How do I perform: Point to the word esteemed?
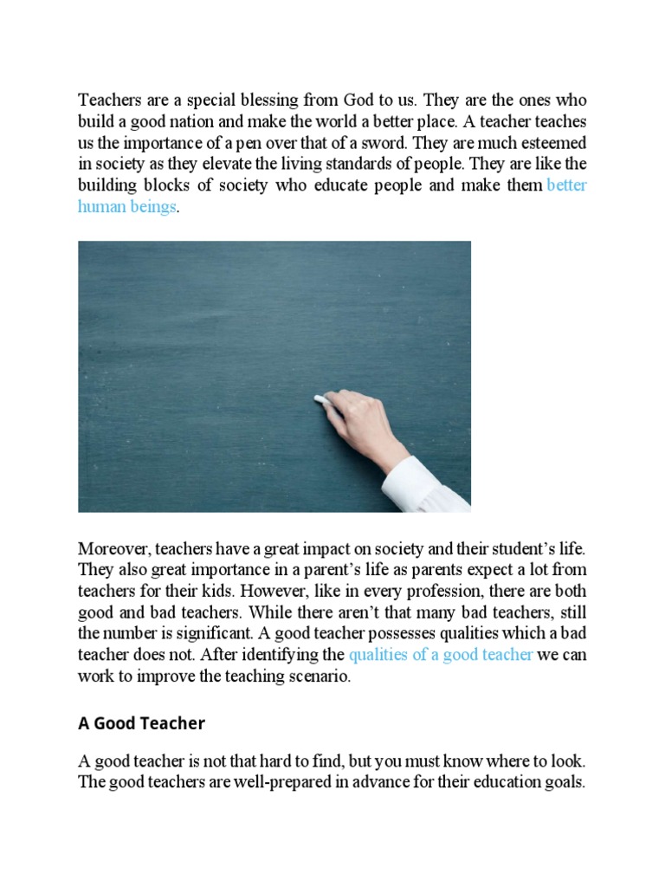pyautogui.click(x=554, y=143)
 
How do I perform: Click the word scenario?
pyautogui.click(x=316, y=677)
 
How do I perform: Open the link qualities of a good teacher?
pyautogui.click(x=441, y=656)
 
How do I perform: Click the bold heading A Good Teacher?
pyautogui.click(x=141, y=722)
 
